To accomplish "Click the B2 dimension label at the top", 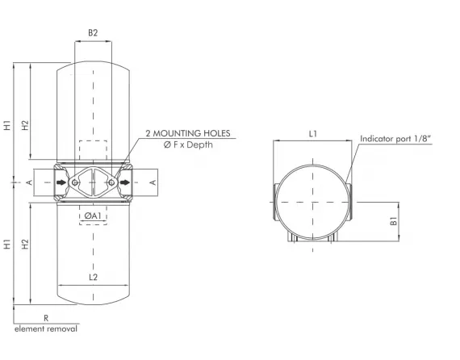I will pyautogui.click(x=93, y=33).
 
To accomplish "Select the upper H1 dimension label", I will pyautogui.click(x=7, y=125).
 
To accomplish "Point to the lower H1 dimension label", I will pyautogui.click(x=7, y=243).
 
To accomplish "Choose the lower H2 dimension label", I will pyautogui.click(x=26, y=243).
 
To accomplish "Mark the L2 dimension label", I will pyautogui.click(x=93, y=277).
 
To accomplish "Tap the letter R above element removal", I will pyautogui.click(x=46, y=319).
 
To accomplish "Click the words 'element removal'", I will pyautogui.click(x=46, y=329).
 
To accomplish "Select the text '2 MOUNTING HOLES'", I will pyautogui.click(x=187, y=132).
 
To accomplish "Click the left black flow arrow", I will pyautogui.click(x=61, y=183).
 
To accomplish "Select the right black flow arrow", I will pyautogui.click(x=125, y=183).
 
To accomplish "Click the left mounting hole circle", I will pyautogui.click(x=75, y=183).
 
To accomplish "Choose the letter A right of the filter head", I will pyautogui.click(x=154, y=183).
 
